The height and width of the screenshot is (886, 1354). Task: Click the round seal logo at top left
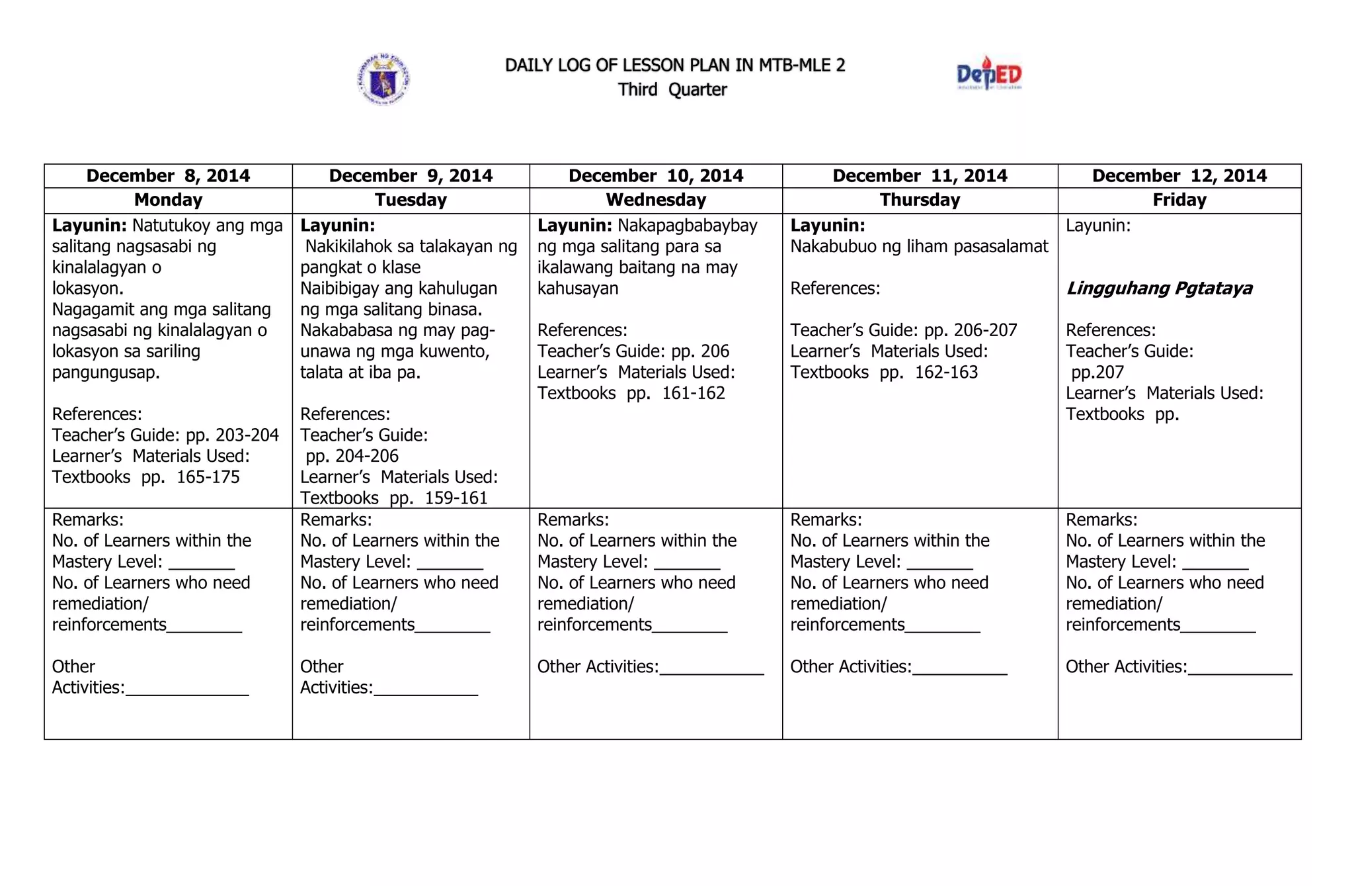coord(383,79)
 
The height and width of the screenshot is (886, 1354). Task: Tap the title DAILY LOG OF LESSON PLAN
coord(675,65)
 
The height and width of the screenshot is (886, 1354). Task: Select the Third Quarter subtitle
coord(672,89)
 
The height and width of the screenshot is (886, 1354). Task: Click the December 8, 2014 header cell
coord(168,175)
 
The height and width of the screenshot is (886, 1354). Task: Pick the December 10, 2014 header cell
coord(656,175)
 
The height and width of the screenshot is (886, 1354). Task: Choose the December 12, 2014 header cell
coord(1179,175)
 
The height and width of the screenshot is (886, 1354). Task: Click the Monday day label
coord(168,200)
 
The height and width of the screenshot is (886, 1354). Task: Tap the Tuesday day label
coord(411,200)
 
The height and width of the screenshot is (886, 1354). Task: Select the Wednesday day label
coord(656,200)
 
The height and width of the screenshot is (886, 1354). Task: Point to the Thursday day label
coord(920,200)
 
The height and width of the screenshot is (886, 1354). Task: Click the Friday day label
coord(1179,200)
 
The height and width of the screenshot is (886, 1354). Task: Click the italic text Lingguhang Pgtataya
coord(1160,288)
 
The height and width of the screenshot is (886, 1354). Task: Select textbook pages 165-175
coord(208,477)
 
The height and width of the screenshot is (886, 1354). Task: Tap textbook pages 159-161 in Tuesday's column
coord(456,498)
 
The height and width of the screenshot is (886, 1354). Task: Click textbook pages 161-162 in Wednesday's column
coord(693,393)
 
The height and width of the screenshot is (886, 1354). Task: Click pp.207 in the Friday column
coord(1097,373)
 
